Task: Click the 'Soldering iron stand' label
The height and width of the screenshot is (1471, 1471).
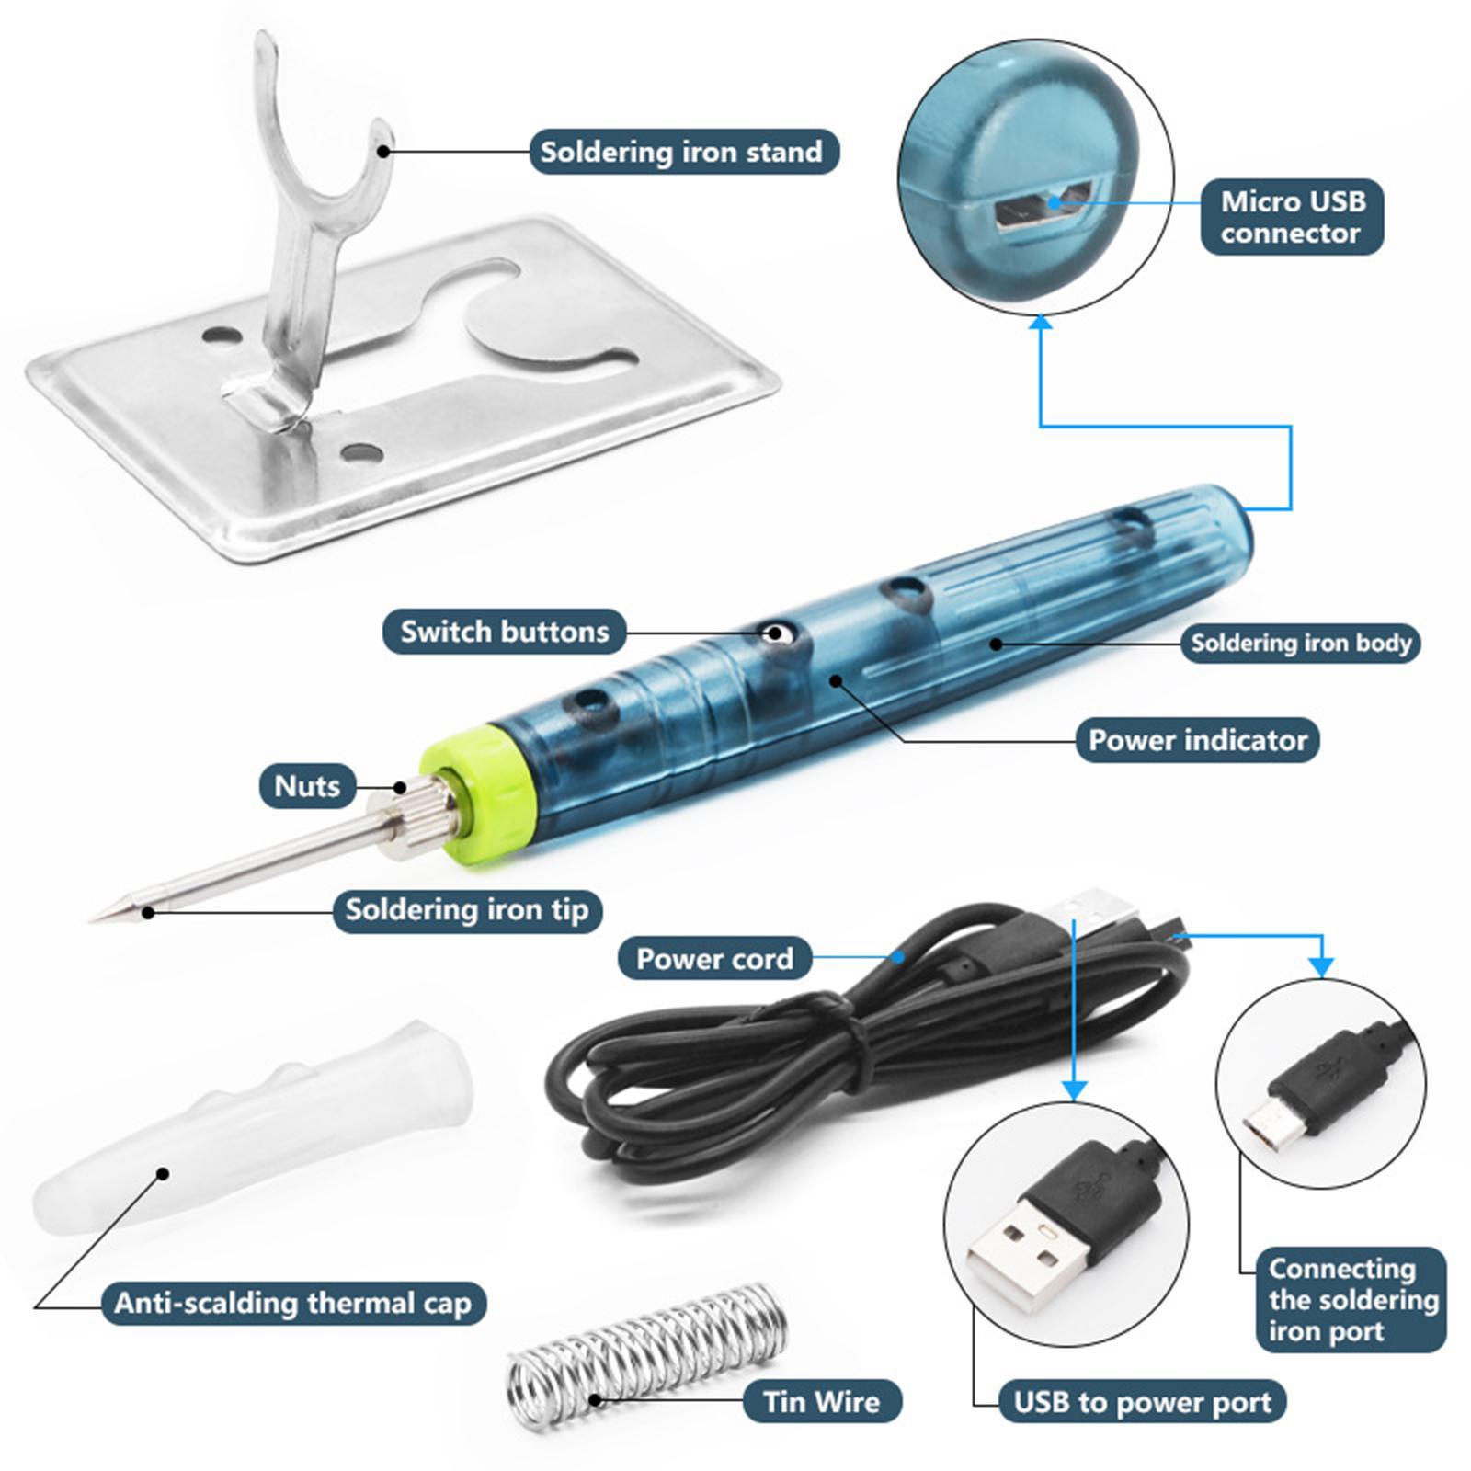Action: pyautogui.click(x=683, y=152)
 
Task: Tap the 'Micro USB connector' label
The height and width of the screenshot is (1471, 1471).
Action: pyautogui.click(x=1292, y=217)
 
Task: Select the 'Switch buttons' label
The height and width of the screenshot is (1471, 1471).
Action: pyautogui.click(x=504, y=632)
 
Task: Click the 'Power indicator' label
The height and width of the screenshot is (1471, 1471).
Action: pyautogui.click(x=1197, y=740)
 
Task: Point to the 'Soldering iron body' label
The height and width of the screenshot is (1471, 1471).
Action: pyautogui.click(x=1300, y=643)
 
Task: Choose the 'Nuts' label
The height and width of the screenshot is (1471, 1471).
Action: pyautogui.click(x=307, y=786)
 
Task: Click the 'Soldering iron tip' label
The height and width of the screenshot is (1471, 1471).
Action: pyautogui.click(x=466, y=910)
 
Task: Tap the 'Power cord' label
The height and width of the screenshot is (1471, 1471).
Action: pyautogui.click(x=714, y=959)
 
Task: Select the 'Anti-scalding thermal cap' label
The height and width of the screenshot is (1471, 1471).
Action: pyautogui.click(x=292, y=1303)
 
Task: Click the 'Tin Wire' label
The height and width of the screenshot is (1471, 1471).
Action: pyautogui.click(x=821, y=1402)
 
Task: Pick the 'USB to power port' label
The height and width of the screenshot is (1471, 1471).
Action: pyautogui.click(x=1142, y=1402)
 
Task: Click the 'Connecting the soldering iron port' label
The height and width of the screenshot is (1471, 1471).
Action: pyautogui.click(x=1351, y=1300)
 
